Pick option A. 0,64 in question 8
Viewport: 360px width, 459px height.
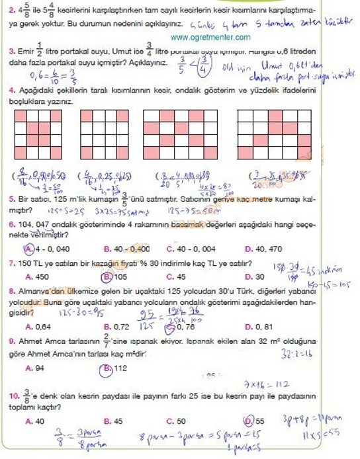tap(38, 326)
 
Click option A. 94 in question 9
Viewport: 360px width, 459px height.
tap(34, 368)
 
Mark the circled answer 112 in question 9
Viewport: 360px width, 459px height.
tap(116, 368)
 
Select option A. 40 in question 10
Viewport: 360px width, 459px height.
tap(34, 421)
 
